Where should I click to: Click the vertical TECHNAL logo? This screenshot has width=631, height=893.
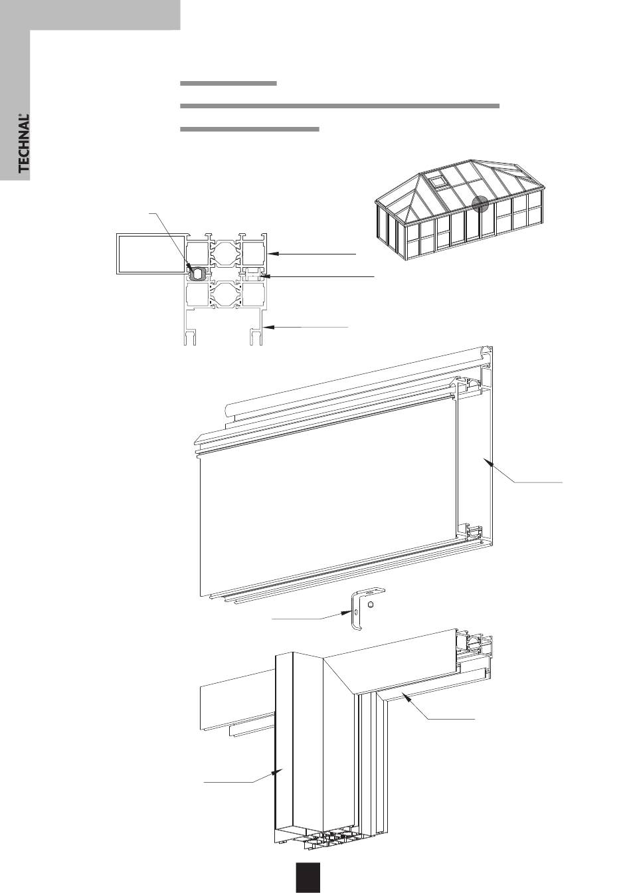click(x=24, y=144)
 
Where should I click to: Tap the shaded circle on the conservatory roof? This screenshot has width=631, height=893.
click(x=480, y=205)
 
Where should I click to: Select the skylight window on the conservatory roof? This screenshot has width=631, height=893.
click(x=436, y=180)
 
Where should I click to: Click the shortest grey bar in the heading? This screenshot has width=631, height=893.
click(x=228, y=84)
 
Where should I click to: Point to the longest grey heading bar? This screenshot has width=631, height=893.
click(x=339, y=106)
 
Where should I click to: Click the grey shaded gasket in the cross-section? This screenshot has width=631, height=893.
click(x=196, y=272)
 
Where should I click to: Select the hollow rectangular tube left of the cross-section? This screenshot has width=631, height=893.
click(x=150, y=253)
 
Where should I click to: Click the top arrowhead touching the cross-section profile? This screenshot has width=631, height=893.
click(x=272, y=253)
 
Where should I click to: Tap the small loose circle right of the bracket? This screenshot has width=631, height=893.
click(x=372, y=605)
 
